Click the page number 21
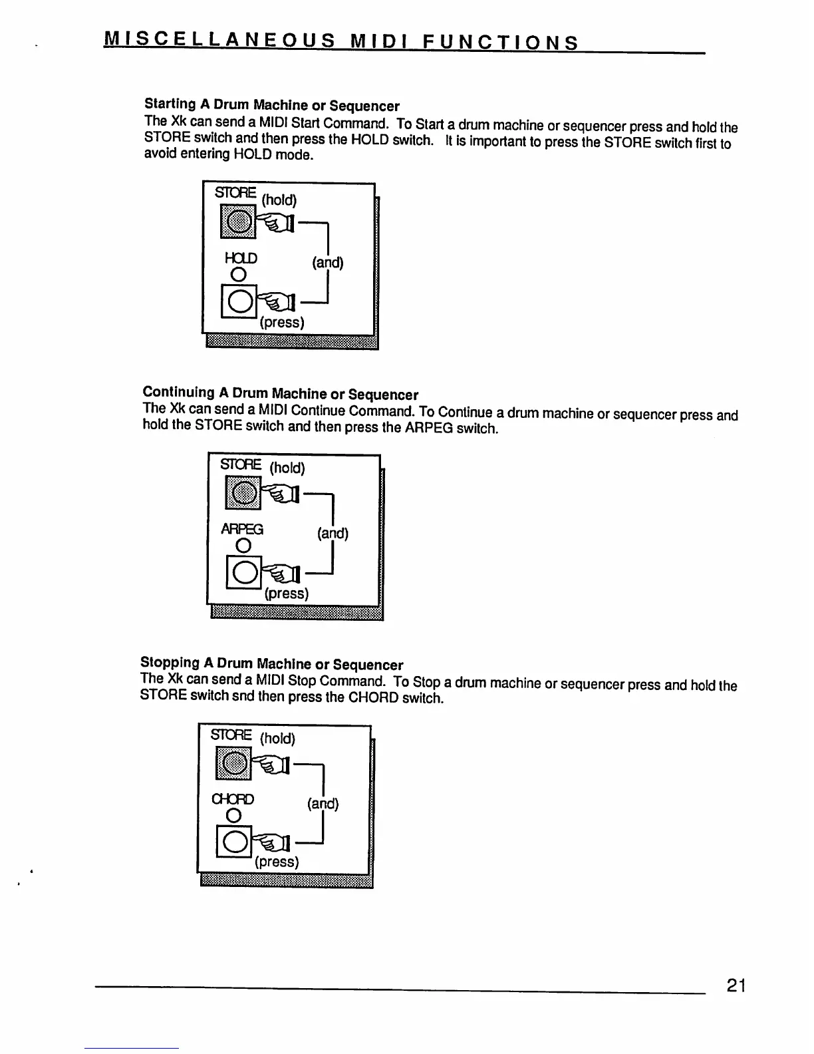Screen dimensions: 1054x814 pyautogui.click(x=736, y=985)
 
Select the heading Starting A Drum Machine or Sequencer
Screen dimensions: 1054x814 pyautogui.click(x=271, y=105)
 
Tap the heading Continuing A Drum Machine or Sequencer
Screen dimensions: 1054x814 pyautogui.click(x=280, y=393)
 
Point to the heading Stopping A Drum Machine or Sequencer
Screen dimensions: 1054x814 pyautogui.click(x=271, y=664)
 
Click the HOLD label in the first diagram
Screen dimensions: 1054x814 pyautogui.click(x=241, y=258)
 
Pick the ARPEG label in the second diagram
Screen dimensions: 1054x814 pyautogui.click(x=242, y=529)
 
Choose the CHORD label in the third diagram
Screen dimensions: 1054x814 pyautogui.click(x=233, y=798)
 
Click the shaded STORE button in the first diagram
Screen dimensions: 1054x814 pyautogui.click(x=237, y=222)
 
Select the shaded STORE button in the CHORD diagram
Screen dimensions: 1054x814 pyautogui.click(x=233, y=763)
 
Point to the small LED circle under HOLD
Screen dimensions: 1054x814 pyautogui.click(x=237, y=275)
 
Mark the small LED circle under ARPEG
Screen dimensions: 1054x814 pyautogui.click(x=243, y=546)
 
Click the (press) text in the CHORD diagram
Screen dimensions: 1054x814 pyautogui.click(x=277, y=862)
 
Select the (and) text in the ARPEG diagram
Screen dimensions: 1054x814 pyautogui.click(x=333, y=533)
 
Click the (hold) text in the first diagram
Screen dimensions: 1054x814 pyautogui.click(x=279, y=200)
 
